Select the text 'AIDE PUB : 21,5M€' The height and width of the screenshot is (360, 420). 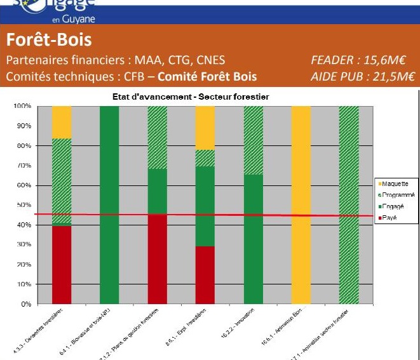pos(362,76)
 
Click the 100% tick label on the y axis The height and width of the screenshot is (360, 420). pos(22,106)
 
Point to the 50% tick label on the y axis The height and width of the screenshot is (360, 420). pos(24,205)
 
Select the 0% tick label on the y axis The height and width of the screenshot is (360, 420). pos(25,304)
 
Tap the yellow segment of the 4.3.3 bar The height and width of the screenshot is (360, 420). pos(62,122)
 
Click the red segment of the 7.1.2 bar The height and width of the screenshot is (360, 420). pos(158,259)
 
